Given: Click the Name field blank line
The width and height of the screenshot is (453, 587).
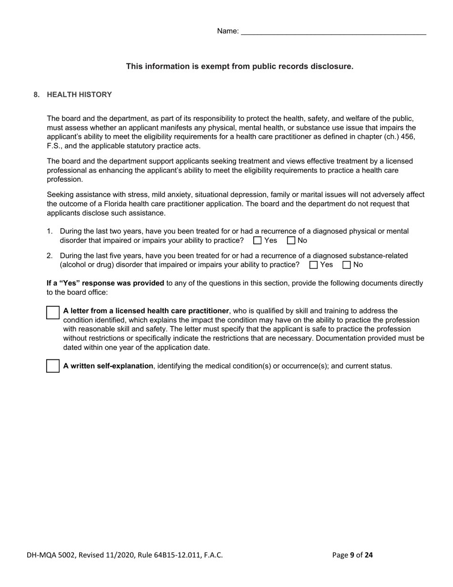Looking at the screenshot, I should pos(333,31).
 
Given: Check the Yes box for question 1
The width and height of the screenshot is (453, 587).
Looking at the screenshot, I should pos(257,241).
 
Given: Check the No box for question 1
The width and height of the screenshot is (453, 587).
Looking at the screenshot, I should pos(291,241).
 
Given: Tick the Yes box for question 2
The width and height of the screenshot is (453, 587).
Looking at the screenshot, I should pos(313,265).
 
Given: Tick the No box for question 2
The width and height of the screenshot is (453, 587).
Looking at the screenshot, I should pos(347,265).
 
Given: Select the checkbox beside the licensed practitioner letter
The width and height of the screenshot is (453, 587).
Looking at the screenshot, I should pos(53,313).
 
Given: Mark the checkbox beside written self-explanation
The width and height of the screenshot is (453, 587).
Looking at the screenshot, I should pos(53,366).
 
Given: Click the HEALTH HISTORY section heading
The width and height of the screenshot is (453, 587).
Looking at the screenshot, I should pos(79,94).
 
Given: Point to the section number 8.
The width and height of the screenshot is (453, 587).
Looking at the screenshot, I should pos(36,94).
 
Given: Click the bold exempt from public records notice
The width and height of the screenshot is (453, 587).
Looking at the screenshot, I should pos(239,66).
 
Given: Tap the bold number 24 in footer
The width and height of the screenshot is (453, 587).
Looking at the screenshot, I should pos(369,555).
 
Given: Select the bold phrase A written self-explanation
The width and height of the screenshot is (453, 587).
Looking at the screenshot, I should pos(108,366).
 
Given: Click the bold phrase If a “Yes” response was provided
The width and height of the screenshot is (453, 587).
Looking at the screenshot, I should pos(105,283).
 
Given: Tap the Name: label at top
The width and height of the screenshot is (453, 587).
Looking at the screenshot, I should pos(227,31).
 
